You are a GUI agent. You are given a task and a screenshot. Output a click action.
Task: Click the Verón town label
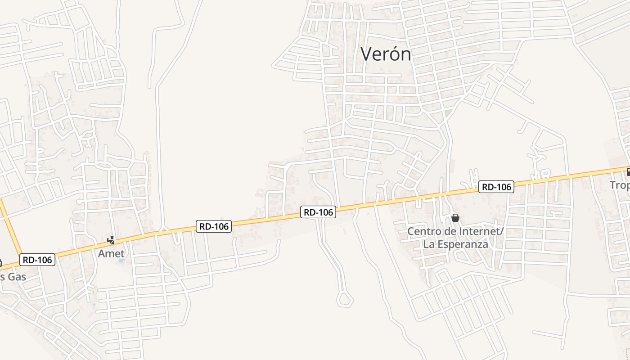[x=386, y=54]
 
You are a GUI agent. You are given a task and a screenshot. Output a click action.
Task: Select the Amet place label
[x=111, y=253]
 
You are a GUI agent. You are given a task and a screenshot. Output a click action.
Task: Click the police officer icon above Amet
[x=111, y=240]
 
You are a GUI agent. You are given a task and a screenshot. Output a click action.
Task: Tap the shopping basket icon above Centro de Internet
[x=455, y=218]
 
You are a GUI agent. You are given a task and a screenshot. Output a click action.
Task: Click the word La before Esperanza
[x=428, y=244]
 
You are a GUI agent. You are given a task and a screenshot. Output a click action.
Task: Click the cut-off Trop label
[x=620, y=185]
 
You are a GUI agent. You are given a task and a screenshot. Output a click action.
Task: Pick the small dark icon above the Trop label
[x=628, y=171]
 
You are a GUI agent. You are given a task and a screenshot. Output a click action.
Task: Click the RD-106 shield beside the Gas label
[x=37, y=260]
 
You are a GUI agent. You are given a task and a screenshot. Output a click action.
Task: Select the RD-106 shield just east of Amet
[x=214, y=226]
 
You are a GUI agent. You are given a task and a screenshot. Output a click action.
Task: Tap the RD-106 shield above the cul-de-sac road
[x=319, y=212]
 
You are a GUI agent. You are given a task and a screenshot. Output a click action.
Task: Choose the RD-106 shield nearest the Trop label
[x=496, y=187]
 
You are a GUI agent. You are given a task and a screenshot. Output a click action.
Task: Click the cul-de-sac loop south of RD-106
[x=345, y=299]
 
